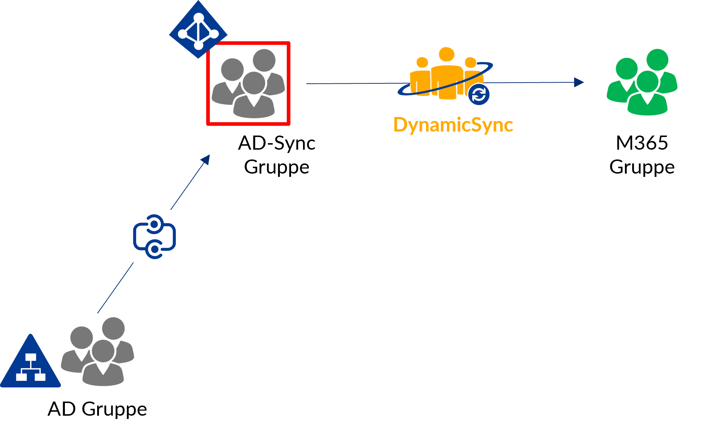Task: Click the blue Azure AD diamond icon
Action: tap(198, 30)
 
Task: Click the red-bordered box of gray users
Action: tap(248, 83)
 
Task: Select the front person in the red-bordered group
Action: tap(254, 96)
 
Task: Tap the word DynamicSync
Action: tap(453, 125)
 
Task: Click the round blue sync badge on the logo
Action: tap(479, 95)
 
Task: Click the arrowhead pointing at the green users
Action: tap(579, 83)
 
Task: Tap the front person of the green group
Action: tap(647, 96)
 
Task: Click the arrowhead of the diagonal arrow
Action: tap(206, 159)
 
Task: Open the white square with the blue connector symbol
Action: tap(153, 236)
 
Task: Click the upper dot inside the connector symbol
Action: tap(154, 225)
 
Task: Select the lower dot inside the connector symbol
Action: tap(154, 249)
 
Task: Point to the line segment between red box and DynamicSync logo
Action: tap(352, 84)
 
